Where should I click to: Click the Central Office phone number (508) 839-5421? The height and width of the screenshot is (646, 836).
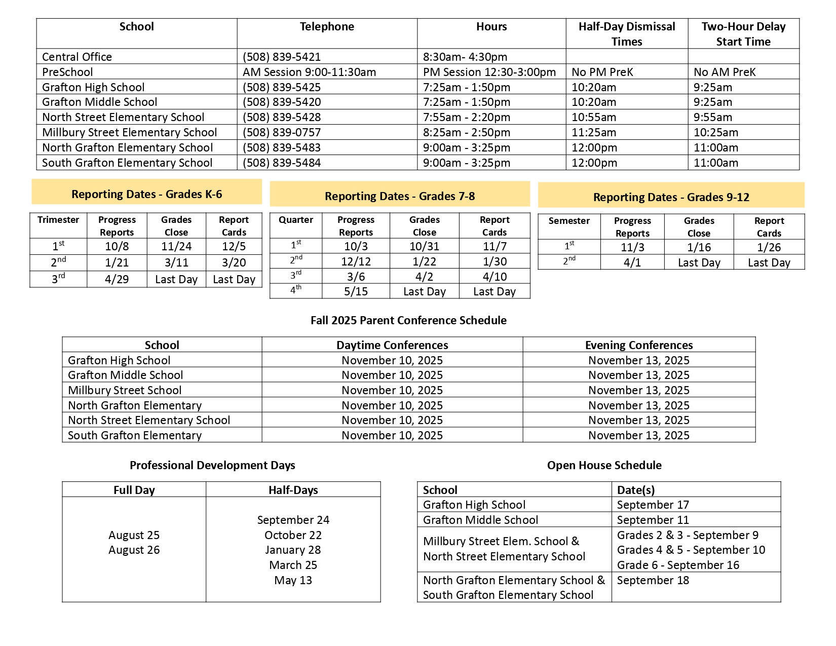point(281,57)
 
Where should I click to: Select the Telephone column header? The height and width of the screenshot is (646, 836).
point(327,27)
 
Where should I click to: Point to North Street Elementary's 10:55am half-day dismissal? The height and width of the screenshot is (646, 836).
point(594,118)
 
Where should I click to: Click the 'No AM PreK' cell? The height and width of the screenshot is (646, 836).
point(725,72)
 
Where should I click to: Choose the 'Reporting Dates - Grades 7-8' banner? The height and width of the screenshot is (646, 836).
point(400,196)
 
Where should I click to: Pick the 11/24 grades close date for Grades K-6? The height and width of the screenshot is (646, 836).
point(176,247)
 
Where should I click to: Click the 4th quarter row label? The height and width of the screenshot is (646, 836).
point(296,291)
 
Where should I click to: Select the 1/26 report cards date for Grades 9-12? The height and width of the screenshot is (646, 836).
point(769,247)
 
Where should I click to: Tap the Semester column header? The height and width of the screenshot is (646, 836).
point(569,221)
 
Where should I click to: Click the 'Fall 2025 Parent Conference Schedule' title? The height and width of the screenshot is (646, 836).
point(408,320)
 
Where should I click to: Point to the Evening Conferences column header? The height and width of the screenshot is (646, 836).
point(638,345)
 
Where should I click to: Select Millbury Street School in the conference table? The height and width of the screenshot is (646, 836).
point(125,390)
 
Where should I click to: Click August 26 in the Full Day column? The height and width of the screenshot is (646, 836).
point(134,550)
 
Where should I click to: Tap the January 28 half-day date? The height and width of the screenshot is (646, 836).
point(293,550)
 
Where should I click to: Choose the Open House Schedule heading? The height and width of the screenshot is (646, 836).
point(604,465)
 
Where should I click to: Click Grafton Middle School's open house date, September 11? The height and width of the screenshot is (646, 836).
point(653,520)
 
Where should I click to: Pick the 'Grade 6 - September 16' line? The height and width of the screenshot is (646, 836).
point(678,565)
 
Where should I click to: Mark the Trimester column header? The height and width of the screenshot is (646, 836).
point(58,220)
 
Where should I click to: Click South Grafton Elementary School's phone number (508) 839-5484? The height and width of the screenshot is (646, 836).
point(281,163)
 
